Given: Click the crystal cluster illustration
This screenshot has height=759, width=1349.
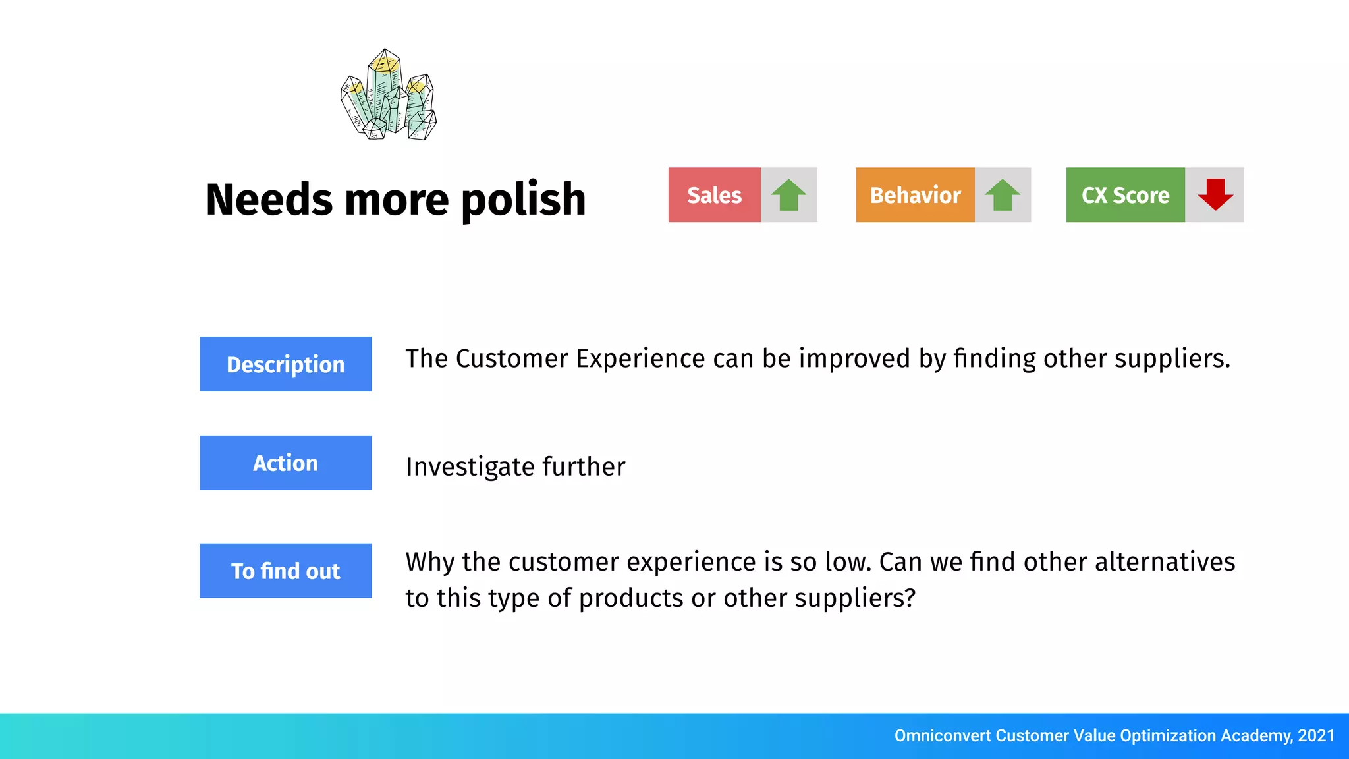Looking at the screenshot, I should coord(389,96).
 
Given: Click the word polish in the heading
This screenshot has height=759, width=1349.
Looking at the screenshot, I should coord(523,200).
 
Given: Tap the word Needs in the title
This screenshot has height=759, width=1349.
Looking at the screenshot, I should coord(269,200).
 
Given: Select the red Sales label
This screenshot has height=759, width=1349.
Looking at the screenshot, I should coord(714,195).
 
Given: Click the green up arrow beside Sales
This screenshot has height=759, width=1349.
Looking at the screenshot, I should coord(788,195).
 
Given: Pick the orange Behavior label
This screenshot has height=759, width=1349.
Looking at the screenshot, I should coord(915,195).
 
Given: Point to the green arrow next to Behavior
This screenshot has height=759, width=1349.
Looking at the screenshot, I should coord(1002,195).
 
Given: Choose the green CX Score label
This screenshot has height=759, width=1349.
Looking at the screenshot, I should coord(1125,195).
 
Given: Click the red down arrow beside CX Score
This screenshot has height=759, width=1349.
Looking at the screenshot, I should coord(1215,194).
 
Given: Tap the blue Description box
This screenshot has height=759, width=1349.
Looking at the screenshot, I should coord(285,364).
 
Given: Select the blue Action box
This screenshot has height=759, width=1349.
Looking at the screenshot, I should coord(285,463).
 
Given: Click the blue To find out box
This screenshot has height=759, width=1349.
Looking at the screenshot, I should coord(285,571).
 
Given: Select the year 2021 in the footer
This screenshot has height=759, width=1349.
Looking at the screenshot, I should coord(1316,735).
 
